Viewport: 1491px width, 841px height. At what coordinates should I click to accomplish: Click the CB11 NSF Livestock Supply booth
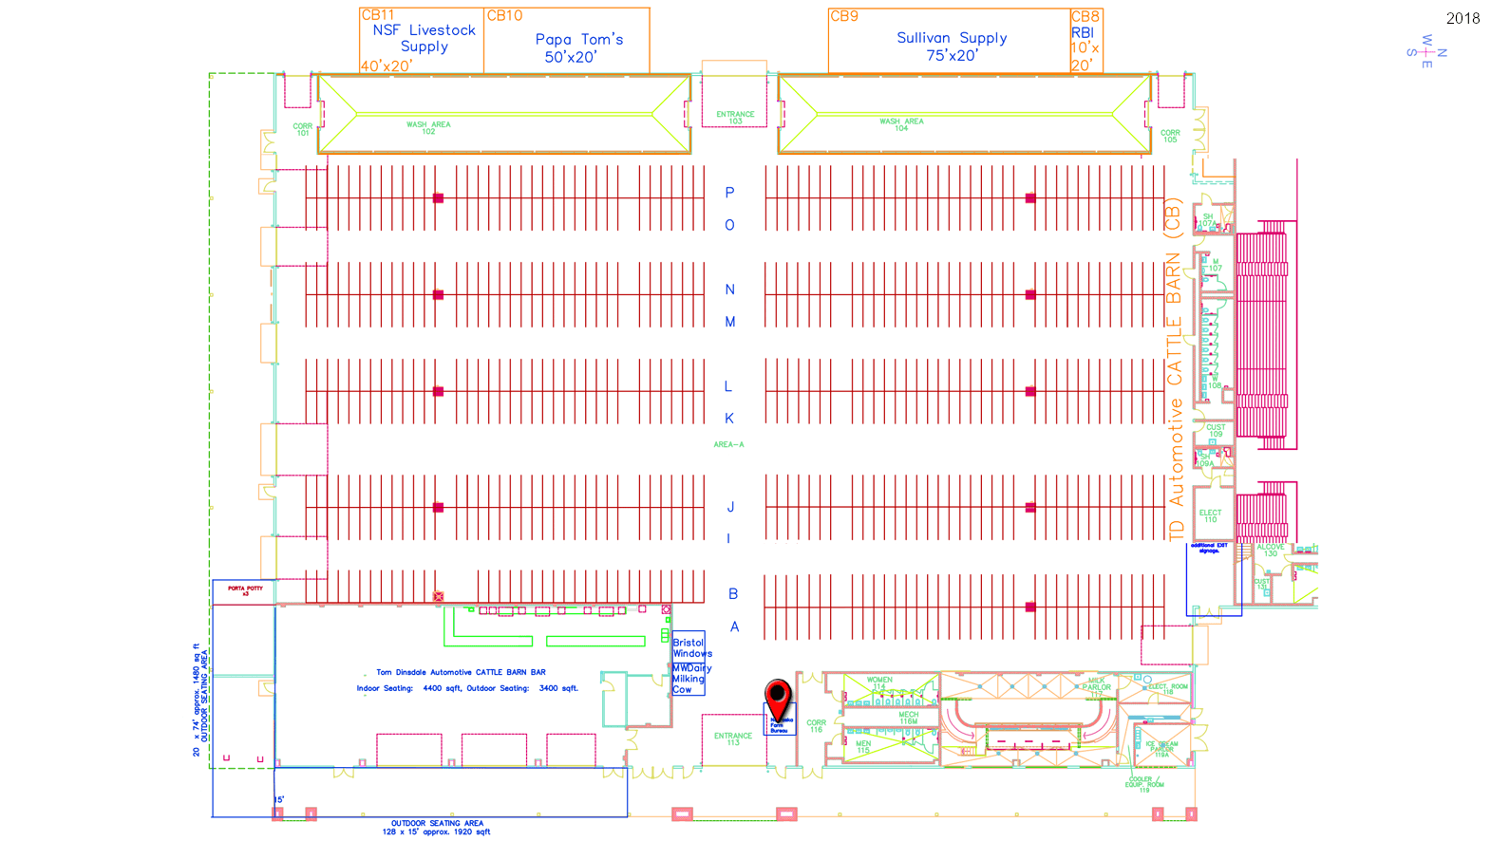(x=423, y=41)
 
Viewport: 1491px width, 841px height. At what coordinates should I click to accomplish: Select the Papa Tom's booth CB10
(x=567, y=42)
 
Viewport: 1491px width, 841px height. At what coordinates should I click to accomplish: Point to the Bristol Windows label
(x=691, y=648)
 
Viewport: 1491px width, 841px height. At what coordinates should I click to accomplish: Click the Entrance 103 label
(x=735, y=118)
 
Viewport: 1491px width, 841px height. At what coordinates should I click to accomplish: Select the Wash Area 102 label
(x=428, y=127)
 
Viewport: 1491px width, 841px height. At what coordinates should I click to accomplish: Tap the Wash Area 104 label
(x=901, y=124)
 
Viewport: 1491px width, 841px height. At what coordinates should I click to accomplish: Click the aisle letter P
(x=729, y=193)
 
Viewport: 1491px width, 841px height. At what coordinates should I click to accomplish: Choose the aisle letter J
(x=729, y=508)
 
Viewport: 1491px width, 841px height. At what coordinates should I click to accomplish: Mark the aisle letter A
(x=734, y=627)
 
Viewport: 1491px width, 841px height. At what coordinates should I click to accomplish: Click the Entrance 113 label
(x=733, y=739)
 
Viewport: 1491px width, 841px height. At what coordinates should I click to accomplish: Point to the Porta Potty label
(x=245, y=590)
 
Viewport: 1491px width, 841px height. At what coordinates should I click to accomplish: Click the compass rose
(x=1426, y=52)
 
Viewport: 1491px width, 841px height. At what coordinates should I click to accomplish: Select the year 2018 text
(x=1463, y=18)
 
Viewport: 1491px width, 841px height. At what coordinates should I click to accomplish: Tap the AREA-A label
(x=728, y=444)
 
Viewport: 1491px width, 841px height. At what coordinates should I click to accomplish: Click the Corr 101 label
(x=302, y=129)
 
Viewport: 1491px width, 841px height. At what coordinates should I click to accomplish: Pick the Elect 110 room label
(x=1210, y=516)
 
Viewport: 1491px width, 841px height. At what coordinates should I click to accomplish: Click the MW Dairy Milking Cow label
(x=690, y=680)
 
